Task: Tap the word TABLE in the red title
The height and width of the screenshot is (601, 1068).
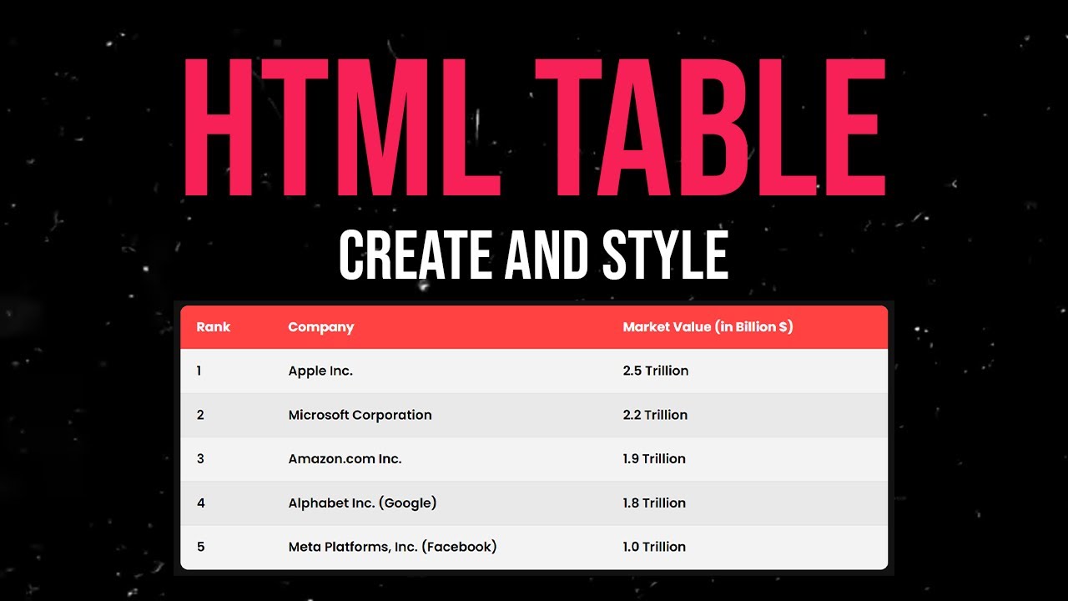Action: [x=710, y=127]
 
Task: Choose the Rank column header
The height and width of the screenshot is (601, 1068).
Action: [x=213, y=327]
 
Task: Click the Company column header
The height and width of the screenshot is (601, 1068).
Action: [x=321, y=327]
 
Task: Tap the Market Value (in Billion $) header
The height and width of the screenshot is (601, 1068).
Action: [x=708, y=327]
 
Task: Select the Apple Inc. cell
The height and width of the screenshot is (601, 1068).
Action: [x=320, y=371]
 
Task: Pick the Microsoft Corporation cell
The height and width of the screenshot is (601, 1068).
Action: [x=360, y=415]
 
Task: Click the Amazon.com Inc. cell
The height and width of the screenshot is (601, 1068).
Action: [x=345, y=458]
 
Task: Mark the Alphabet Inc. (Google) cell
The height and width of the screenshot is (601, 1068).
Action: [x=362, y=503]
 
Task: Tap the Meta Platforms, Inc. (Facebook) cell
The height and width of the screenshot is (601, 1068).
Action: [x=392, y=547]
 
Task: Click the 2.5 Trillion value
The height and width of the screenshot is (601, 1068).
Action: [x=655, y=371]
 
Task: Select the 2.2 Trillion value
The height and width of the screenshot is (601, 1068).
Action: [x=655, y=415]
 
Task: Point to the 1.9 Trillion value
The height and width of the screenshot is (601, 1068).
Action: [x=654, y=458]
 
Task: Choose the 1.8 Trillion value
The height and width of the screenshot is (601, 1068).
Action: [x=654, y=503]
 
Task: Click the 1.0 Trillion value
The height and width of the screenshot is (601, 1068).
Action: [x=654, y=547]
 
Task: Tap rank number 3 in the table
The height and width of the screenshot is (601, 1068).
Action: [x=200, y=458]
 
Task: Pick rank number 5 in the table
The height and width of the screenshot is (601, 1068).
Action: [x=200, y=547]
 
